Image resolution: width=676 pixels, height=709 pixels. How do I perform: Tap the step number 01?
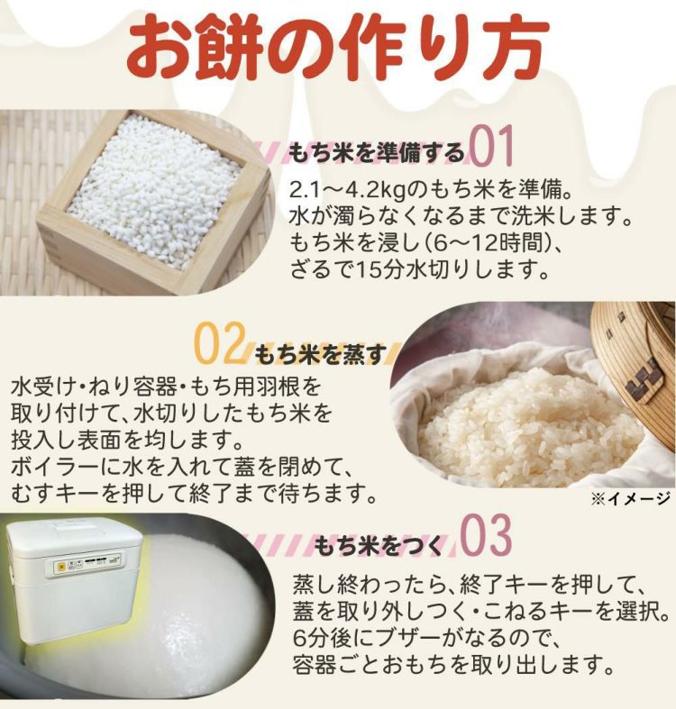(491, 146)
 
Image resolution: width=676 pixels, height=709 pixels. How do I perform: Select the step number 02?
(219, 343)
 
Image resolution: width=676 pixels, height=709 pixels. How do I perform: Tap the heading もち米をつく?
(379, 545)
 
